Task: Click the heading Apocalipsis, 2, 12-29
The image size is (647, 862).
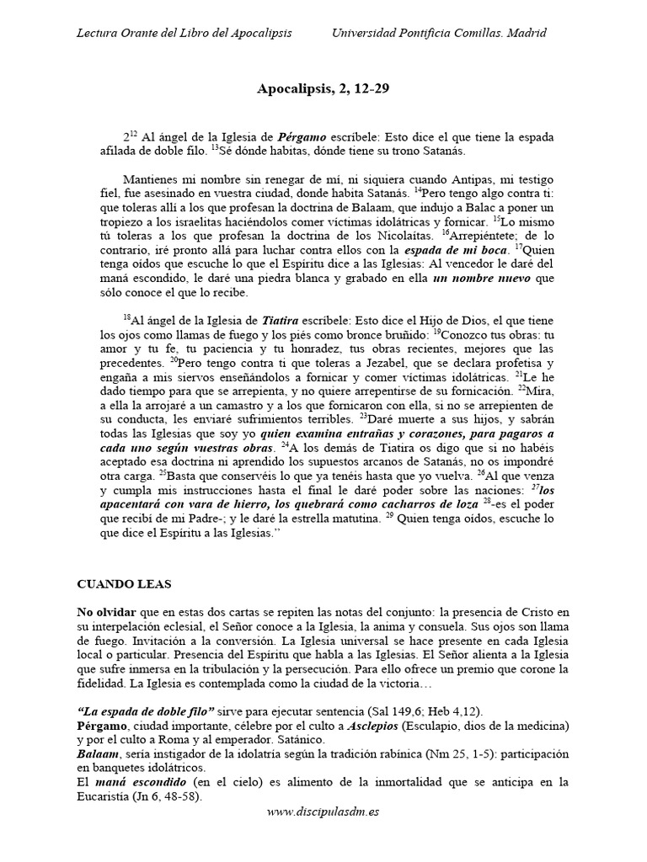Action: (323, 87)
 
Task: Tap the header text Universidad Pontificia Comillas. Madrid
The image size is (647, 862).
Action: (439, 33)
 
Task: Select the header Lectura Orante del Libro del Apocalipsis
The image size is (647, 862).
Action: (184, 33)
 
